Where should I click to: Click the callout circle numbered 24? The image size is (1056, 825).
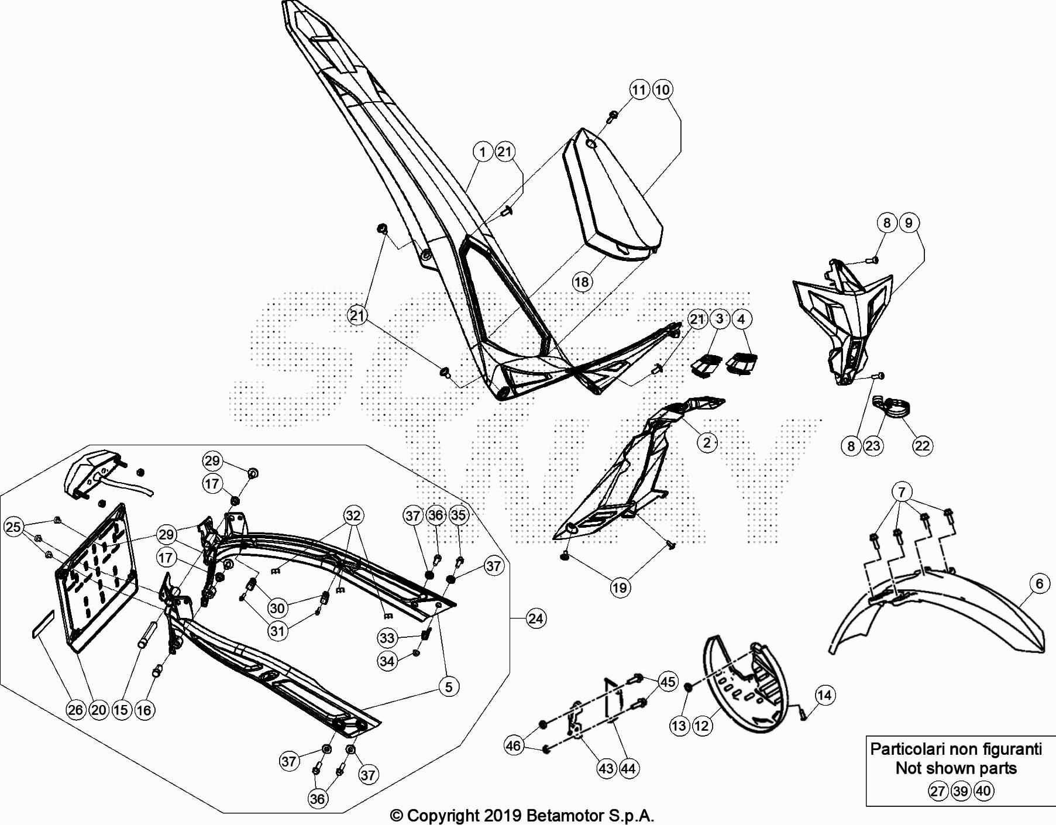point(536,618)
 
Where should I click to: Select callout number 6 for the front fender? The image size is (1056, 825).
point(1039,583)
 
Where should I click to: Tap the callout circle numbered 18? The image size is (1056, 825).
point(582,282)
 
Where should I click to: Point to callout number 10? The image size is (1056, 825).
point(662,90)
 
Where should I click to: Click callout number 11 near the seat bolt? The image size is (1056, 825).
point(639,90)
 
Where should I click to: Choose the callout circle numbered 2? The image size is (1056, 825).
point(707,442)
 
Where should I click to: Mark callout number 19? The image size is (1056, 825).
point(620,587)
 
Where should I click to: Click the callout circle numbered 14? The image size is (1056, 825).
point(824,695)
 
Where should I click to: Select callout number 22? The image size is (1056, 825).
point(922,446)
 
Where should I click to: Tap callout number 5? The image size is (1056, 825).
point(449,686)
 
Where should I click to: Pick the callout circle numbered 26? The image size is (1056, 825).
point(75,710)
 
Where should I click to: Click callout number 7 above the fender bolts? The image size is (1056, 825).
point(902,491)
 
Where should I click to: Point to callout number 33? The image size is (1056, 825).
point(387,638)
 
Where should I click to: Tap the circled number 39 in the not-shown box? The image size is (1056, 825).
point(961,791)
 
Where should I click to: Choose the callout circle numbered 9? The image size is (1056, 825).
point(909,223)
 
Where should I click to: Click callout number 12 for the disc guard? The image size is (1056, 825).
point(701,726)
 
